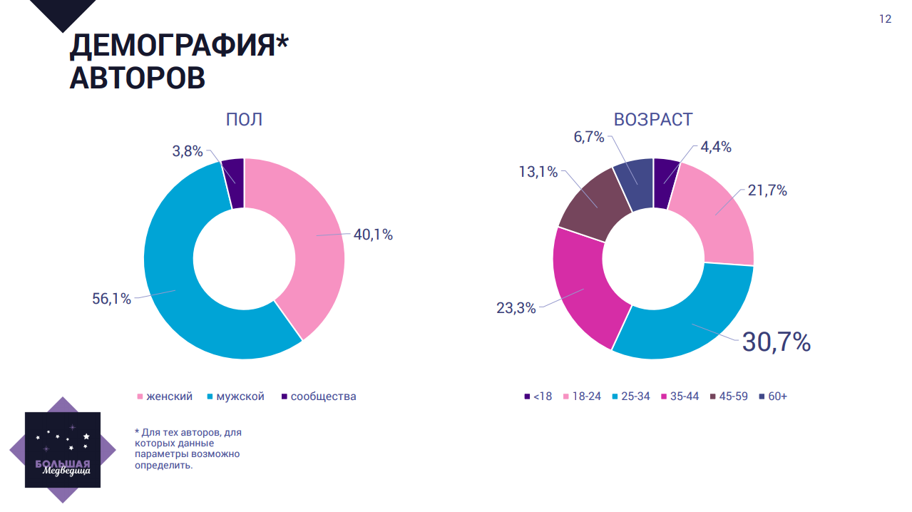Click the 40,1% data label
[373, 235]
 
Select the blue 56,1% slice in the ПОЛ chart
[171, 285]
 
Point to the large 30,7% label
[777, 342]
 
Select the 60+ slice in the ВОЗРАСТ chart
[635, 184]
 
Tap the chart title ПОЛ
[244, 119]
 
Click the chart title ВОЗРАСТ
[653, 119]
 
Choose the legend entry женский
[169, 396]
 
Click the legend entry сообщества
[323, 396]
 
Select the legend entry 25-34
[634, 396]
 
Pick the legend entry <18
[542, 396]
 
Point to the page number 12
[885, 19]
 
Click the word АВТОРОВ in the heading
[138, 78]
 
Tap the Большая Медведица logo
[63, 450]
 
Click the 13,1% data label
[538, 171]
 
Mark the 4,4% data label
[716, 148]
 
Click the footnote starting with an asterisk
[188, 449]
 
